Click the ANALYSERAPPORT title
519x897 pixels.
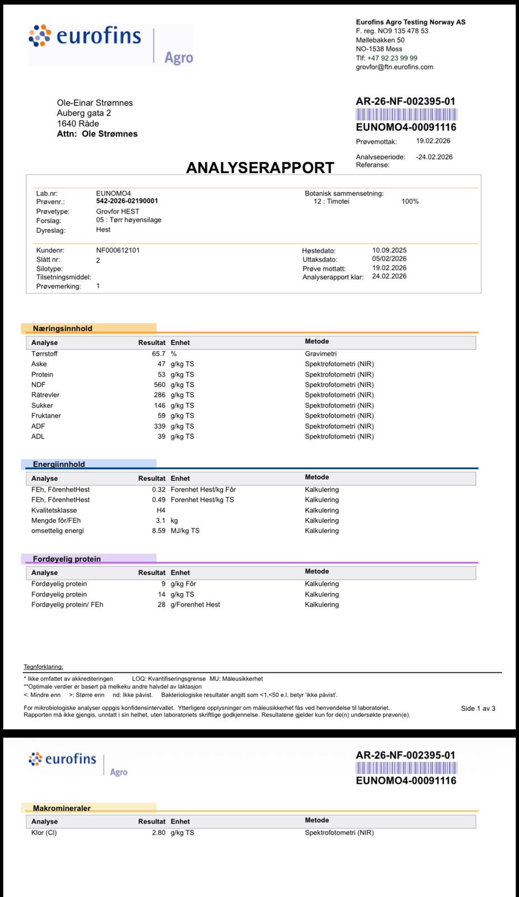coord(259,168)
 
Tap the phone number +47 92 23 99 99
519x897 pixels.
coord(392,58)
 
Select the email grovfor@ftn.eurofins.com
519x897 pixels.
coord(394,67)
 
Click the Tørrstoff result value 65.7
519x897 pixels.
coord(159,354)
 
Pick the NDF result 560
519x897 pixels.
coord(160,385)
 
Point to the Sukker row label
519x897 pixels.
coord(42,405)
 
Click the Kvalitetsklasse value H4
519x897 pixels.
coord(161,510)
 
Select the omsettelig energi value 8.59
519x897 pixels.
coord(159,530)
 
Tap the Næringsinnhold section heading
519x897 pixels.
coord(62,329)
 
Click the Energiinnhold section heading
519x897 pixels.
coord(59,464)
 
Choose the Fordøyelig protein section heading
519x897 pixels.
coord(67,559)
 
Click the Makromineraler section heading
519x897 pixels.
coord(62,808)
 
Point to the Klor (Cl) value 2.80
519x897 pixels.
coord(159,833)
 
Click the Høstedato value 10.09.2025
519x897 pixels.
coord(389,250)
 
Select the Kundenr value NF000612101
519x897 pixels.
coord(118,250)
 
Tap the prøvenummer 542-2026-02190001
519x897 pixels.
coord(127,201)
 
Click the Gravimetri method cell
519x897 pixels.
coord(321,354)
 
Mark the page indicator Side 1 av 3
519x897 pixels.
coord(478,708)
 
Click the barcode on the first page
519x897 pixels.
coord(406,114)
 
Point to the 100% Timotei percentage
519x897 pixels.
coord(410,201)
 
